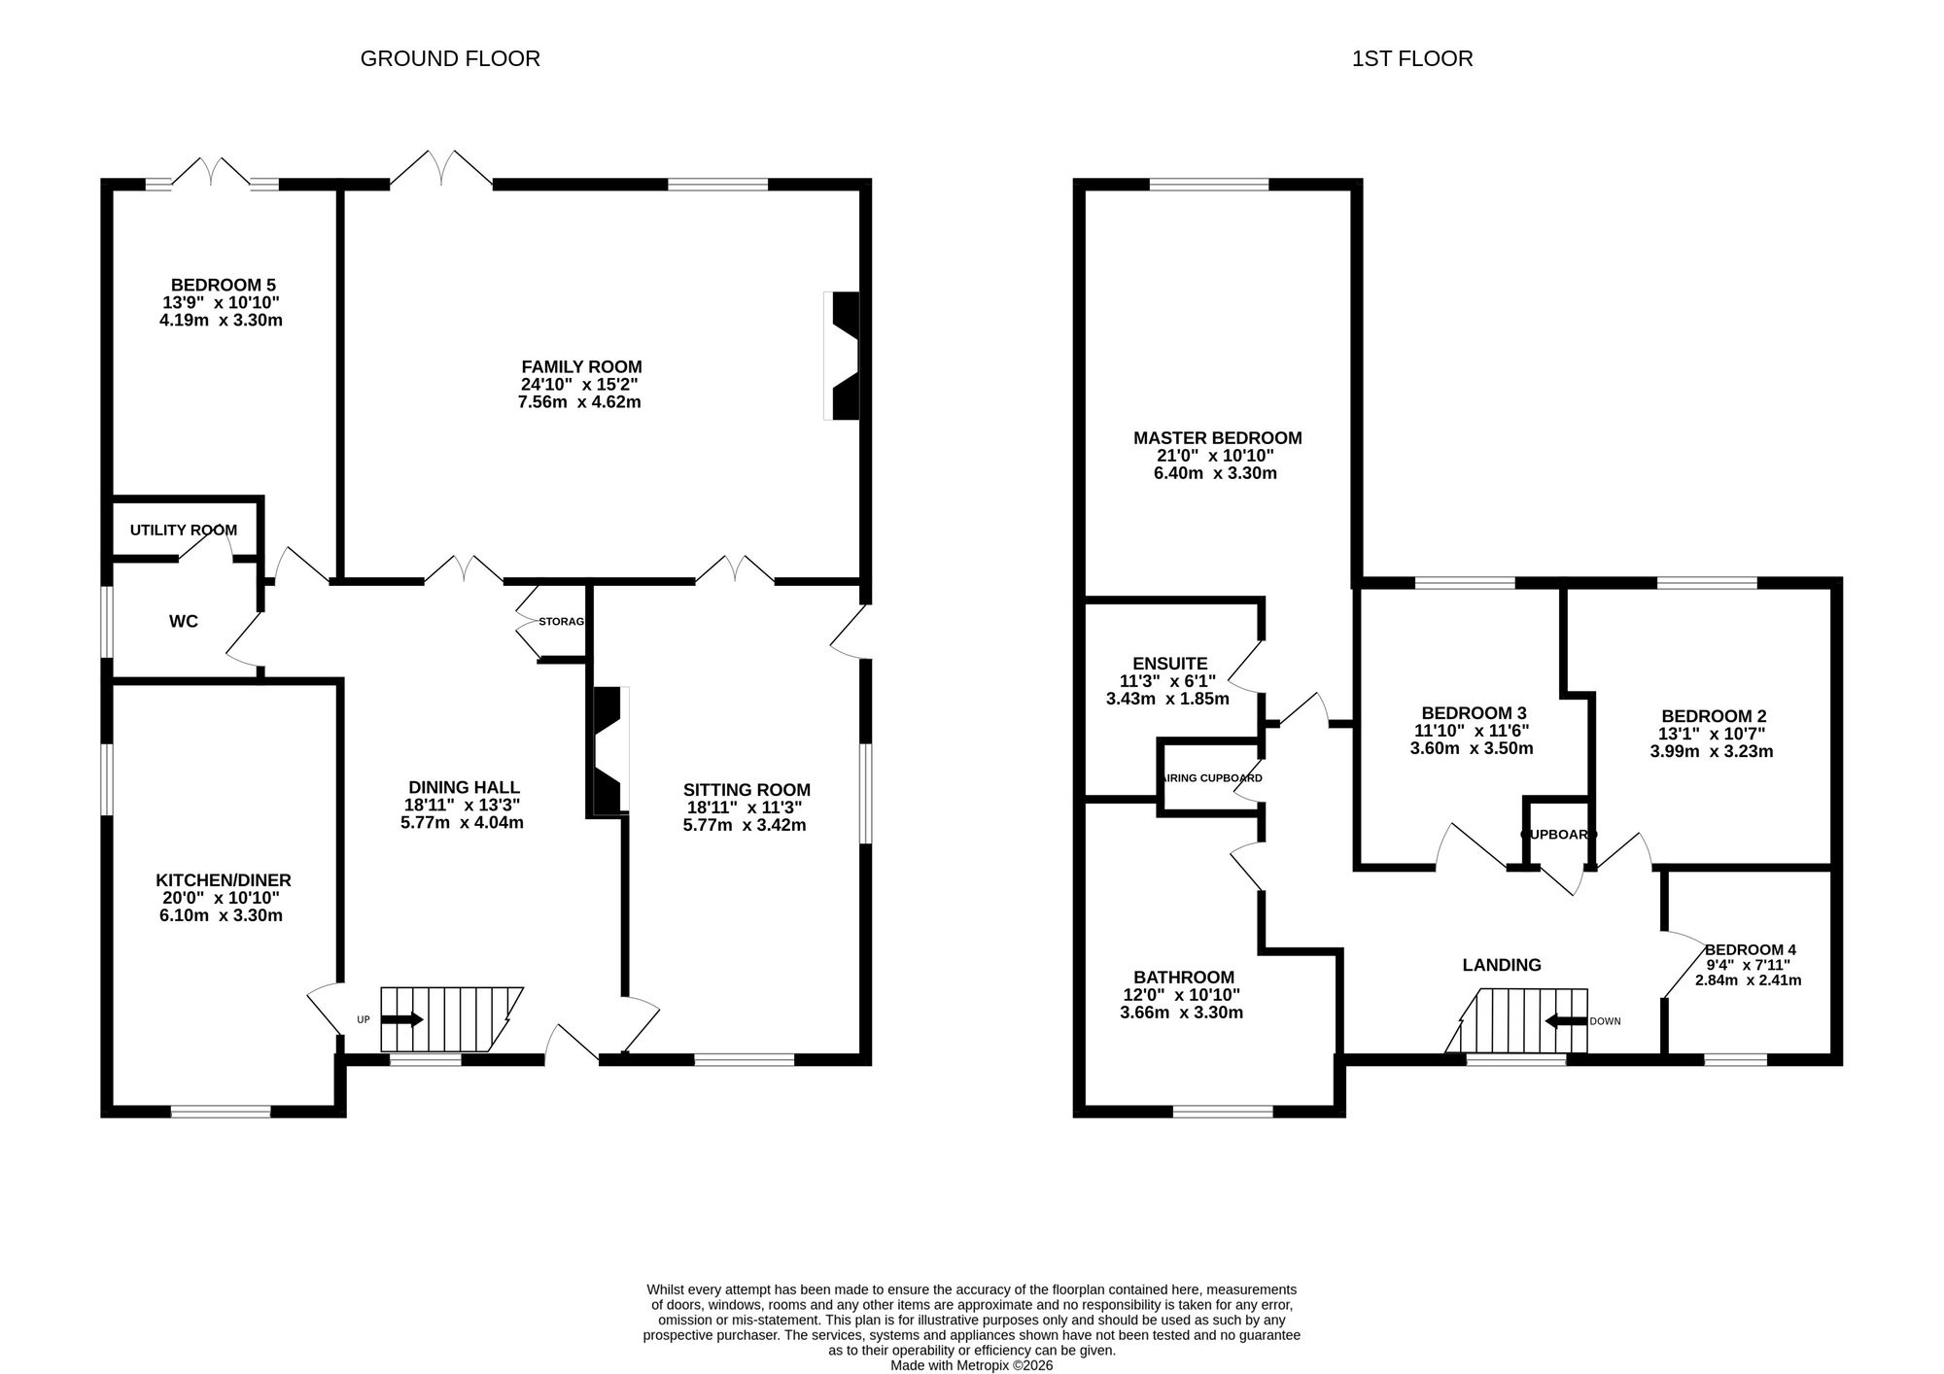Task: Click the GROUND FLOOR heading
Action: (x=450, y=58)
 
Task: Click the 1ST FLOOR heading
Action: (x=1412, y=58)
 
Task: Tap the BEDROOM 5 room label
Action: (x=224, y=285)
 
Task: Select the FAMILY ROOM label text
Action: (x=581, y=367)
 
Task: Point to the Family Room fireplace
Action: (x=842, y=356)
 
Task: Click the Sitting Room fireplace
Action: (x=611, y=749)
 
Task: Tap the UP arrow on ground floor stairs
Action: (x=401, y=1019)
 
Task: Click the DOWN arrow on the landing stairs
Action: (x=1566, y=1021)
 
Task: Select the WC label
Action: (x=184, y=621)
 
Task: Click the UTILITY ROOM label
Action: (x=184, y=531)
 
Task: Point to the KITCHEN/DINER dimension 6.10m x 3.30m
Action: (x=222, y=915)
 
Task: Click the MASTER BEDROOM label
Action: (x=1218, y=438)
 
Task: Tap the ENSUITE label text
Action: (x=1169, y=664)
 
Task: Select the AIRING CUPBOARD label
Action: (x=1212, y=778)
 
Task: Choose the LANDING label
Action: (x=1502, y=965)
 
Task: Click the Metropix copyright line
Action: (x=972, y=1365)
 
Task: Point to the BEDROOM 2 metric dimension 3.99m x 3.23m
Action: (x=1712, y=751)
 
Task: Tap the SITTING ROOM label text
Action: (x=746, y=790)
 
